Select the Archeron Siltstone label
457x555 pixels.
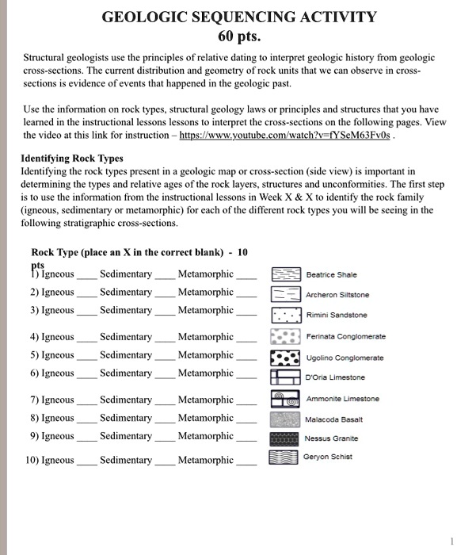click(x=337, y=295)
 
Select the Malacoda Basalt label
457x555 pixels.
click(x=333, y=419)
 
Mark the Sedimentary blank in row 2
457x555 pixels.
click(x=164, y=295)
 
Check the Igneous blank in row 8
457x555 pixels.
click(x=86, y=421)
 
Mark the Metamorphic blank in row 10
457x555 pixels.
click(x=246, y=463)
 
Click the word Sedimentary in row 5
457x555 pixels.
click(x=126, y=355)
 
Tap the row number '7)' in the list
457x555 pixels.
click(x=35, y=400)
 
